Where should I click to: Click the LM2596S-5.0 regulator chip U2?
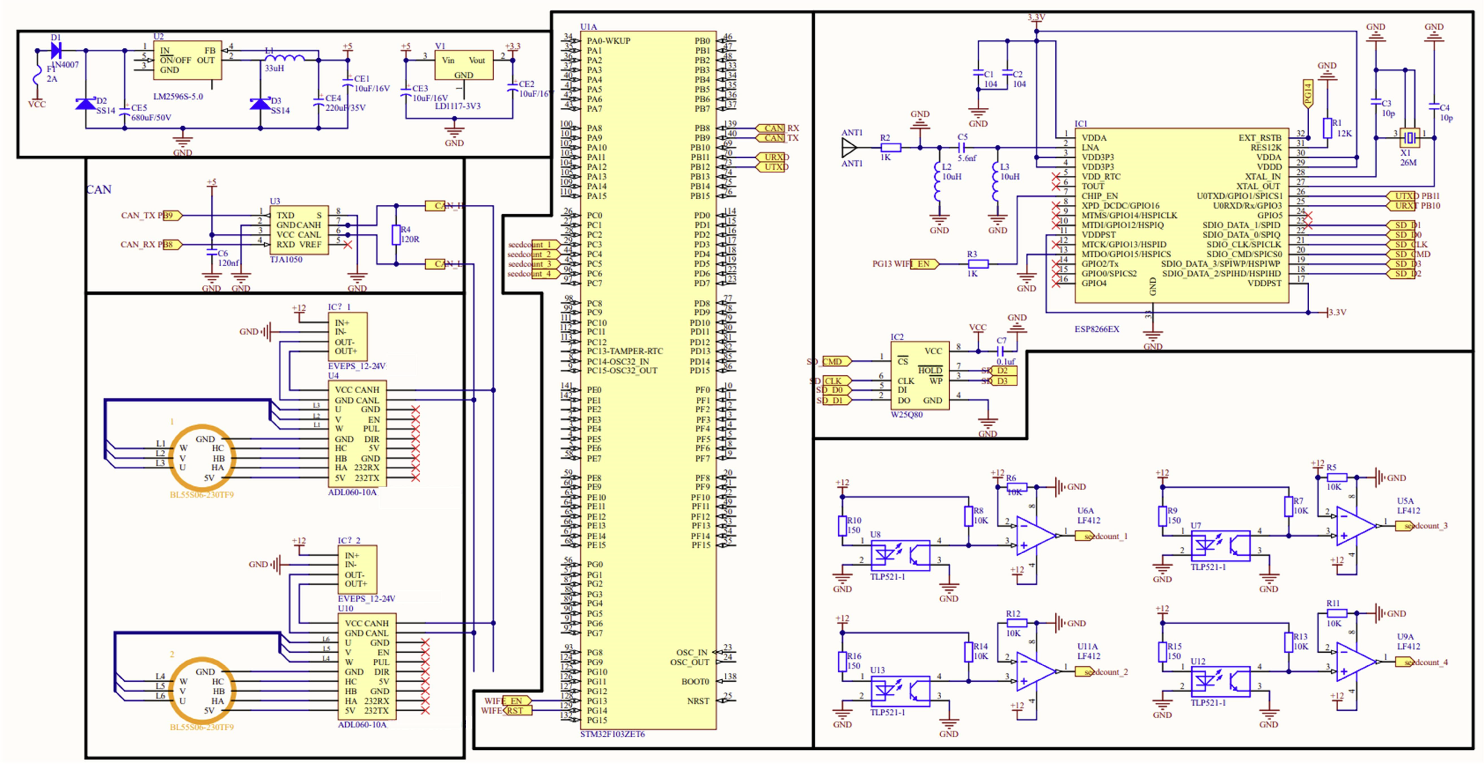click(187, 60)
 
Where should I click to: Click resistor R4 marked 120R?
click(396, 235)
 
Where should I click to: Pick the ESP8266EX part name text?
click(1096, 329)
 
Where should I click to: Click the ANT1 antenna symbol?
click(848, 147)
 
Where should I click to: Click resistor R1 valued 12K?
click(1327, 128)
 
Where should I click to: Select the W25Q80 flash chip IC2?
click(919, 376)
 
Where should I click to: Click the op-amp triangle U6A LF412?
click(1034, 535)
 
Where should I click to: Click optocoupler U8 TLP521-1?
click(900, 555)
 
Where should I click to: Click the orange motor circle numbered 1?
click(202, 458)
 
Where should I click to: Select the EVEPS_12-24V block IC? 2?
click(357, 569)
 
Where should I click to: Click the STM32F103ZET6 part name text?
click(612, 734)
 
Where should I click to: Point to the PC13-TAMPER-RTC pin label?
click(624, 351)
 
